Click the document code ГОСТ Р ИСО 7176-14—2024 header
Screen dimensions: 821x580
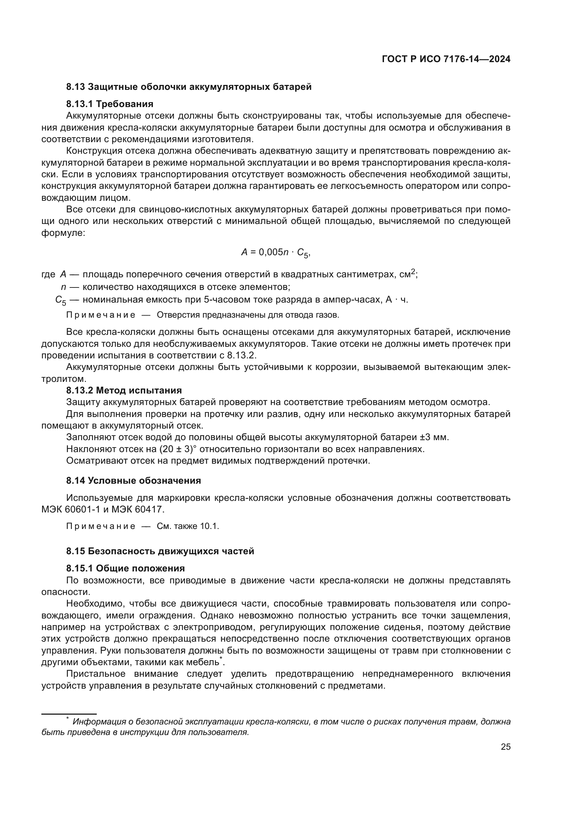pos(446,59)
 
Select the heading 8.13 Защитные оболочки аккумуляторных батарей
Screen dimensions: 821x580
pos(189,87)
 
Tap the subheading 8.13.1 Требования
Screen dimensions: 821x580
pos(110,104)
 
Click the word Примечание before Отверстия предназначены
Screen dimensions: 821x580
pos(101,315)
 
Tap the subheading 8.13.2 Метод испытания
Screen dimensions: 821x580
pos(124,390)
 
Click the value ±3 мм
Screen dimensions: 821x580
pos(433,437)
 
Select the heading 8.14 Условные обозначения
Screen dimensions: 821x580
pos(133,481)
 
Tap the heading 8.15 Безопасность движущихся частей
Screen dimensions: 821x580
pos(160,551)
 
